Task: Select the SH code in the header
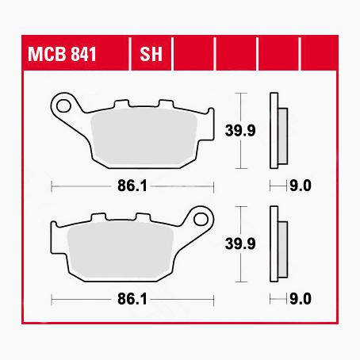click(x=151, y=57)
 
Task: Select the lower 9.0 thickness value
click(x=301, y=300)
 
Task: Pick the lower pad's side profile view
click(x=275, y=246)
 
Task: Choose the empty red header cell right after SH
click(x=194, y=57)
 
